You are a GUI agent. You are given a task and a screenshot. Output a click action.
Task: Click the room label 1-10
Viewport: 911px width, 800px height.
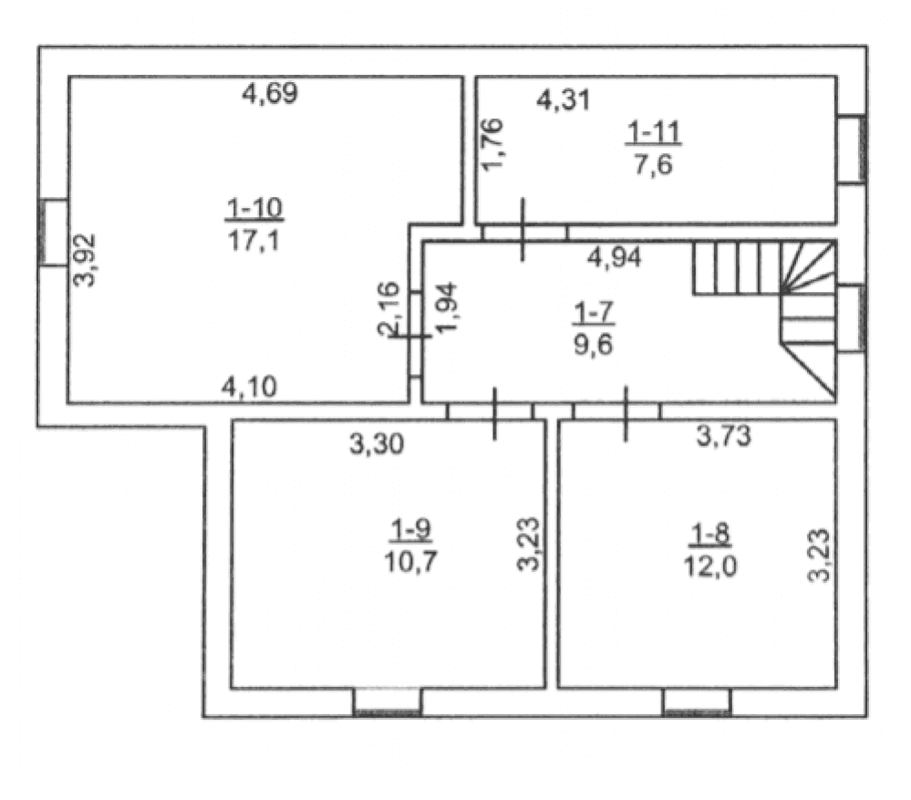[x=254, y=208]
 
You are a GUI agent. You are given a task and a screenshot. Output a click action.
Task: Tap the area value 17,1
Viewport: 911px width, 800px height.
[x=254, y=240]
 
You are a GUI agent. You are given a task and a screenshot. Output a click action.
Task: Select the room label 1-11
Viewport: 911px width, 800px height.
[x=654, y=132]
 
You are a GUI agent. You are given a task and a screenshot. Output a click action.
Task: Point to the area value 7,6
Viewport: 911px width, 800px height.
[x=654, y=164]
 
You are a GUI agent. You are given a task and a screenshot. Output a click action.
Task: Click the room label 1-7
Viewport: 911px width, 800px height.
[x=593, y=313]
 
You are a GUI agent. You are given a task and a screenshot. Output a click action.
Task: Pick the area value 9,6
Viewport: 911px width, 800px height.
[x=593, y=345]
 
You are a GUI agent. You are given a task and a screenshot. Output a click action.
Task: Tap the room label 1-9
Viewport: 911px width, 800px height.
[x=410, y=530]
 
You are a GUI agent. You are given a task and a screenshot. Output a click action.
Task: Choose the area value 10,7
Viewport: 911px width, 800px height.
[x=410, y=562]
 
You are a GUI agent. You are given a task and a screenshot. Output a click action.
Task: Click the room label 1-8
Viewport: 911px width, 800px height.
[x=710, y=534]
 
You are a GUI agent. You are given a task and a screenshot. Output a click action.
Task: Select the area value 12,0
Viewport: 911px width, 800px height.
[x=710, y=566]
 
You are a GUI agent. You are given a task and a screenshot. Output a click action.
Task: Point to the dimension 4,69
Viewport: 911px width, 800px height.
[x=270, y=93]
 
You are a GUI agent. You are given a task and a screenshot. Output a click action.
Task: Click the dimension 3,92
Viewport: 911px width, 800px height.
[x=85, y=260]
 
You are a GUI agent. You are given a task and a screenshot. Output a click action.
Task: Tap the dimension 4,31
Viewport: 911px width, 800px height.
[x=563, y=100]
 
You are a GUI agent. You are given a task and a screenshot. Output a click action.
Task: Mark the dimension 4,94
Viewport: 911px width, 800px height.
[x=614, y=257]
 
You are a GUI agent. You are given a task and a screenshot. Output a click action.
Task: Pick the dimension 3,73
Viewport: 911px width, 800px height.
[x=724, y=435]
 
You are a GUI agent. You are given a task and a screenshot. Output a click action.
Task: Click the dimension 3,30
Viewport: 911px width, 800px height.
[x=377, y=444]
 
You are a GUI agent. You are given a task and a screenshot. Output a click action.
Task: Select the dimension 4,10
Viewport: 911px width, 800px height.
[x=249, y=387]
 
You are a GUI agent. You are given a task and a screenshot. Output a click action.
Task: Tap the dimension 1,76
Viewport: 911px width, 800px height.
[x=492, y=144]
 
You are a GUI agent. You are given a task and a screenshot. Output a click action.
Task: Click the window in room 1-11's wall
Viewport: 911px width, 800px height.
[x=852, y=150]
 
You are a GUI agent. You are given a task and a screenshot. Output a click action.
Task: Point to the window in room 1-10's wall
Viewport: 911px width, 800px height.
[x=53, y=233]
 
